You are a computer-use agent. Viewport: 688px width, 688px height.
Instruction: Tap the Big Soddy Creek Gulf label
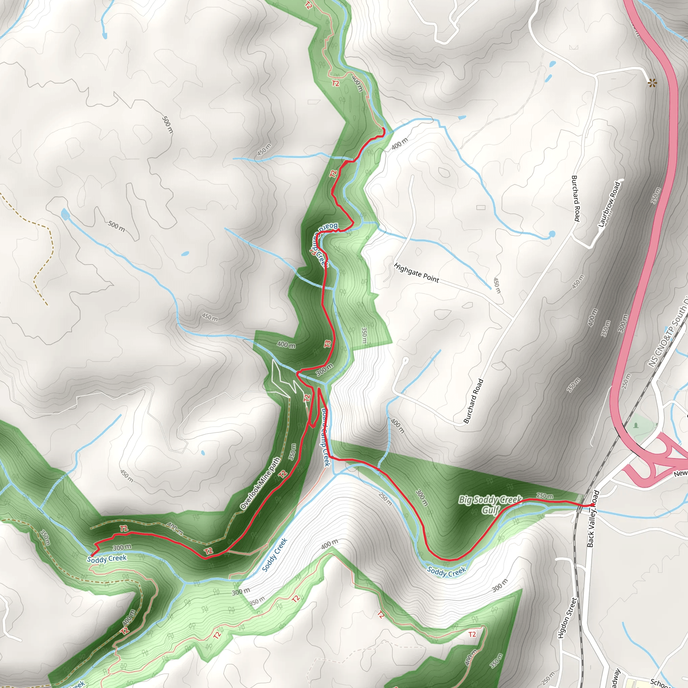point(490,505)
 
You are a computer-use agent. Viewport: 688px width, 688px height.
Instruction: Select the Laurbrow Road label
point(609,204)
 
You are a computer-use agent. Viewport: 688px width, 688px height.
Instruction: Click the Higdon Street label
point(567,618)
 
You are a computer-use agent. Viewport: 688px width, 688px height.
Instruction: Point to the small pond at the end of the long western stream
point(65,214)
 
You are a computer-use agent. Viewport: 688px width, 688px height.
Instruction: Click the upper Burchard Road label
point(575,198)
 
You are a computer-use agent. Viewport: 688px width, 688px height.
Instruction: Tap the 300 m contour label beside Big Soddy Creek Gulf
point(421,498)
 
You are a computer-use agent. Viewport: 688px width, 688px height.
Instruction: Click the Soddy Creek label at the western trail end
point(106,558)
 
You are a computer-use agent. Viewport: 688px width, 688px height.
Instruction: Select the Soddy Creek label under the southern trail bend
point(446,572)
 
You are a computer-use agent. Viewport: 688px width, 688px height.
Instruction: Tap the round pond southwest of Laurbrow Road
point(552,234)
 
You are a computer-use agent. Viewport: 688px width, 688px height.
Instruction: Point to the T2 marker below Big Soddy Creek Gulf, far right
point(472,634)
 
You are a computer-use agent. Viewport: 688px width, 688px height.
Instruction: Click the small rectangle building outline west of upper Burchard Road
point(481,207)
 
